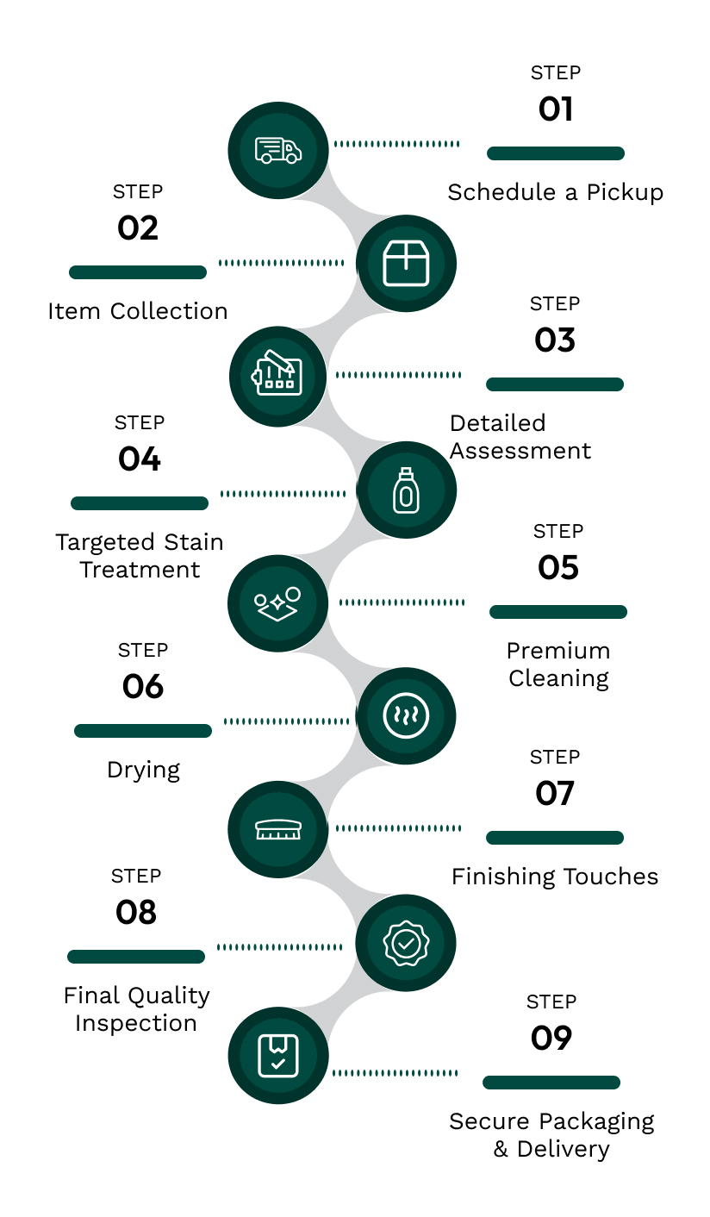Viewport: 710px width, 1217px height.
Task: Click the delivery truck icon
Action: click(x=278, y=150)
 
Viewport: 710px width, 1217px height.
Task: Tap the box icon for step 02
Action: click(x=406, y=263)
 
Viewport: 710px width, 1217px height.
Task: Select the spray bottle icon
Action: click(x=406, y=490)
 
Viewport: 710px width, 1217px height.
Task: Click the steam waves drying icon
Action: click(x=406, y=716)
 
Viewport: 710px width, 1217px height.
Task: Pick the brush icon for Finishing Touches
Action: click(x=278, y=829)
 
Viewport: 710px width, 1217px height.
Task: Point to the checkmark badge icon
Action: click(x=406, y=943)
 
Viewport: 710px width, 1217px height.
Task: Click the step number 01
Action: click(x=556, y=109)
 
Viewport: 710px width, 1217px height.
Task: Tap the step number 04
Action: click(x=140, y=459)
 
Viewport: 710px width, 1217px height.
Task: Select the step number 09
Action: click(x=551, y=1039)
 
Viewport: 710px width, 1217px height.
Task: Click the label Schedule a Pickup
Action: click(x=556, y=192)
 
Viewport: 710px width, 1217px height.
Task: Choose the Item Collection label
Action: click(x=138, y=311)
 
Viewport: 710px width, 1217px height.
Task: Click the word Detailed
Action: click(x=498, y=423)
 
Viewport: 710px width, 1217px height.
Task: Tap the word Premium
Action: click(x=558, y=651)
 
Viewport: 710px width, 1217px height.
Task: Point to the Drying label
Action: click(x=143, y=770)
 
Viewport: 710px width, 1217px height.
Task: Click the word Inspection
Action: click(x=136, y=1023)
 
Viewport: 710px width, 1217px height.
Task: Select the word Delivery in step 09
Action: click(x=564, y=1149)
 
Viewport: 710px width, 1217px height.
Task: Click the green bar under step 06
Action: click(x=143, y=731)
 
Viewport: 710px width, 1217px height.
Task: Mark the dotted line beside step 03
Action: click(x=398, y=375)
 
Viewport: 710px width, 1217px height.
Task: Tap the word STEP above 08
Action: click(x=136, y=877)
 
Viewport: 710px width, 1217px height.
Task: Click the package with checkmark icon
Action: click(x=278, y=1055)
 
